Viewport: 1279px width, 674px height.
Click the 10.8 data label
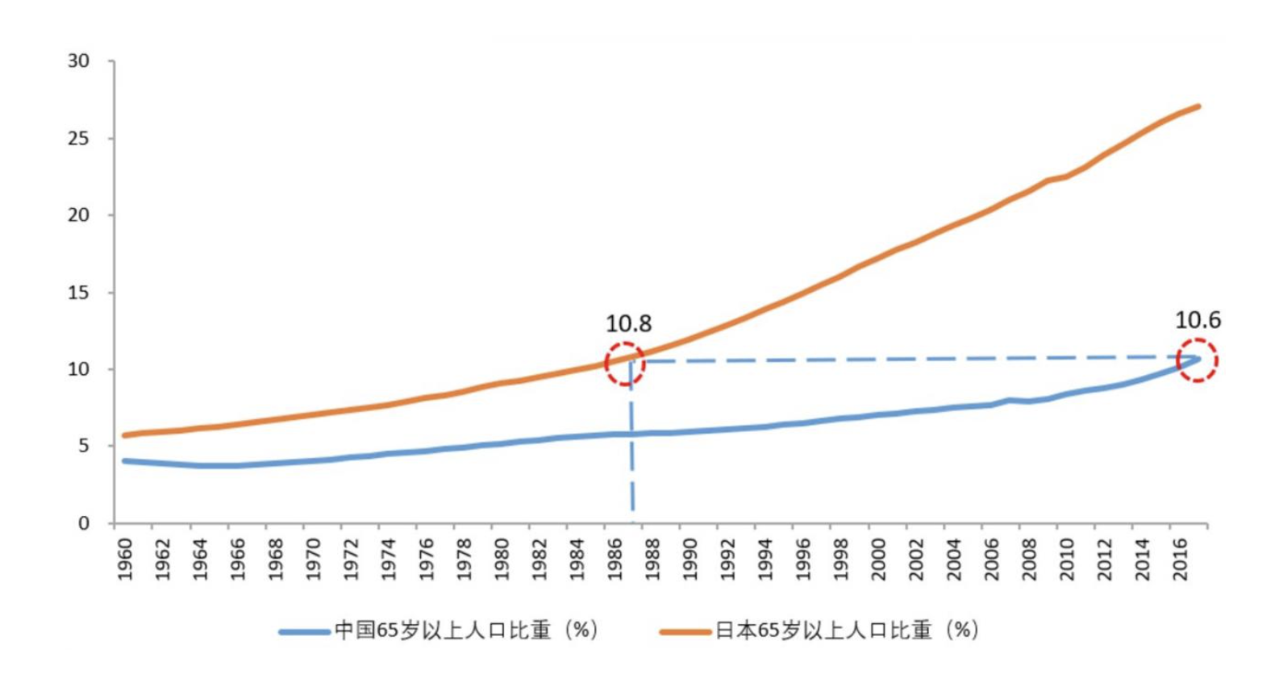click(628, 324)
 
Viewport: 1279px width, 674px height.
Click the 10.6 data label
click(1198, 321)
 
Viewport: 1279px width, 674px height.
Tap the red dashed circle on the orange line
click(625, 363)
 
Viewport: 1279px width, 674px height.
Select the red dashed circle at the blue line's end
click(1197, 360)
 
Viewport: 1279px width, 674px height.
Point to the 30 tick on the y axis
click(79, 61)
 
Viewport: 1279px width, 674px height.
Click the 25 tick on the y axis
click(79, 139)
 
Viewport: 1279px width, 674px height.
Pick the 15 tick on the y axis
click(79, 293)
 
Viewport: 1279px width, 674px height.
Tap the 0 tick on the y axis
click(84, 523)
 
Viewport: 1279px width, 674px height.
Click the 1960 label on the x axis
click(125, 559)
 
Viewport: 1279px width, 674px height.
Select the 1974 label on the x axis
click(389, 559)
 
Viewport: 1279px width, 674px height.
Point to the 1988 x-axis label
click(652, 559)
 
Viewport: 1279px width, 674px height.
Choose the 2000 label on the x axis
click(878, 559)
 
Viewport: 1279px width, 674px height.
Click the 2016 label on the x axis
click(1180, 559)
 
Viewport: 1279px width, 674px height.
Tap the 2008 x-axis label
click(1029, 559)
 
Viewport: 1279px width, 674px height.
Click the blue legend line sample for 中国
click(304, 631)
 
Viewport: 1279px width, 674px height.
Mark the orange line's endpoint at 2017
click(1198, 106)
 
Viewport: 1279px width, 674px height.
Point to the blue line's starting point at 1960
click(124, 460)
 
